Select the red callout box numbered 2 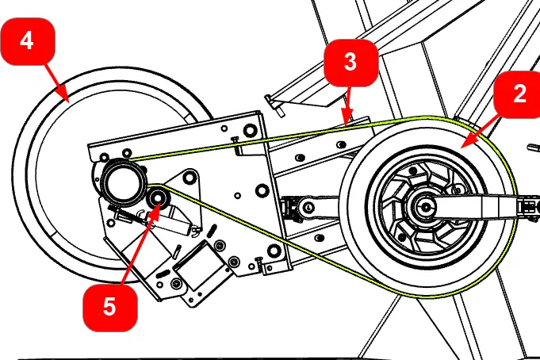point(519,94)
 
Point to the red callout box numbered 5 point(109,305)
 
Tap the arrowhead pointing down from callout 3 point(347,123)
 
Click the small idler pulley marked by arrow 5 point(157,198)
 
